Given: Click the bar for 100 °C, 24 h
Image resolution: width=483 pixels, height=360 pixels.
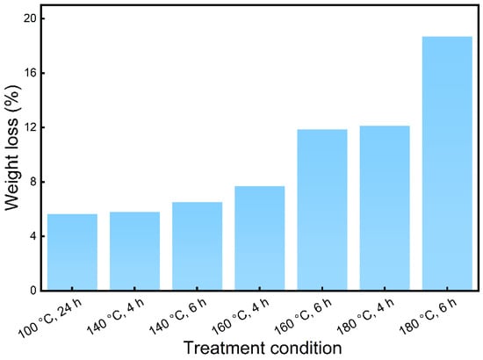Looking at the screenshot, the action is (72, 252).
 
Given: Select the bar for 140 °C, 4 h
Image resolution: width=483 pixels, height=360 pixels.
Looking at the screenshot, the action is (135, 251).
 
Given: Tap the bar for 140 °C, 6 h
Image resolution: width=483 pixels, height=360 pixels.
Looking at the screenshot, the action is (197, 246).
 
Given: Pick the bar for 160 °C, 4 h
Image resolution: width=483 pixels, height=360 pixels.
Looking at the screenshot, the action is (260, 238).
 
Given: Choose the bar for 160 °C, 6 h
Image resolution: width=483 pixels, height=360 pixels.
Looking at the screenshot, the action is (322, 210).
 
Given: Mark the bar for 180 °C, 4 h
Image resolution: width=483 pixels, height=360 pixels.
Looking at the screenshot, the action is (385, 208).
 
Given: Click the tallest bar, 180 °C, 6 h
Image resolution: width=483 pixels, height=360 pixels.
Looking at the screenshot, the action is (447, 163).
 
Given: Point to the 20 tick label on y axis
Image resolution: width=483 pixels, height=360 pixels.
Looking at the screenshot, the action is (29, 18).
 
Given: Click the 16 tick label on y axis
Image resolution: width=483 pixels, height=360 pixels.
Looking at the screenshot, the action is (29, 73).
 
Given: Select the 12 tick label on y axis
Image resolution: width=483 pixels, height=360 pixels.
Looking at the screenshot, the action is (29, 127).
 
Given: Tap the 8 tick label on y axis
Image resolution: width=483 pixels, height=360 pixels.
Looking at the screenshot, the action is (32, 182).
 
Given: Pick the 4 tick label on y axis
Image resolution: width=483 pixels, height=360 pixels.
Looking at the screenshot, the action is (32, 236).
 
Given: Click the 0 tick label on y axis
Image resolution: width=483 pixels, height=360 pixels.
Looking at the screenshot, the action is (32, 291).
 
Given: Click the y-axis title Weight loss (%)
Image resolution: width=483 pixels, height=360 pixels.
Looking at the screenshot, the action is (12, 148).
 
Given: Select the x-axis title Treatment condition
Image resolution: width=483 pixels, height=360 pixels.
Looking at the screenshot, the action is (263, 348).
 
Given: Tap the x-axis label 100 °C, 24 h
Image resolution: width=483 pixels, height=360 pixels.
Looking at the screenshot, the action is (51, 317).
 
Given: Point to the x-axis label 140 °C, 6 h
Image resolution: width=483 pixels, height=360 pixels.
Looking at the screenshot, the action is (178, 316).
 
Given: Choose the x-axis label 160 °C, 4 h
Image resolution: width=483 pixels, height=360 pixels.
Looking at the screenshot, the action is (241, 316).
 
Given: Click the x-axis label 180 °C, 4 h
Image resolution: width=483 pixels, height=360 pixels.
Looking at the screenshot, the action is (366, 316).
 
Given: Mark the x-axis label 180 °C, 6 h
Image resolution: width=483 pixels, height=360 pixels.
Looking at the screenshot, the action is (429, 316).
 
